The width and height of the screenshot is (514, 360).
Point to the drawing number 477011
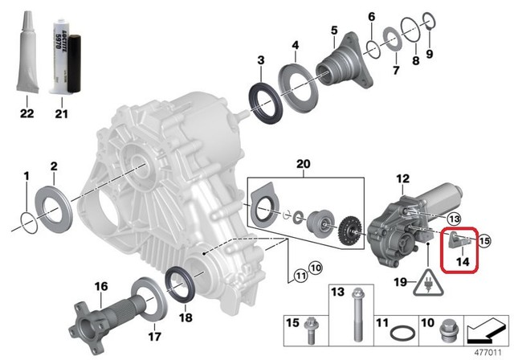tap(487, 351)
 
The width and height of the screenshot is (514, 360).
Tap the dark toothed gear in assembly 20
tap(350, 228)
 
